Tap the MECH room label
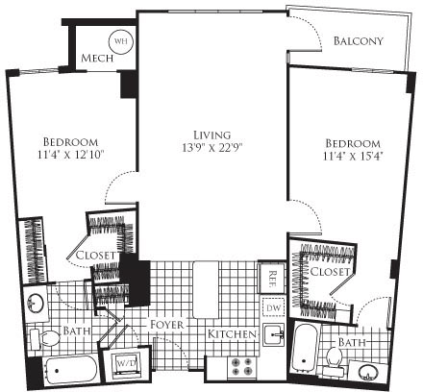tap(97, 59)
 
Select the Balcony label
tap(359, 41)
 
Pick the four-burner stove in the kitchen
tap(239, 366)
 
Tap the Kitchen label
tap(232, 333)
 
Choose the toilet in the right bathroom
tap(336, 359)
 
